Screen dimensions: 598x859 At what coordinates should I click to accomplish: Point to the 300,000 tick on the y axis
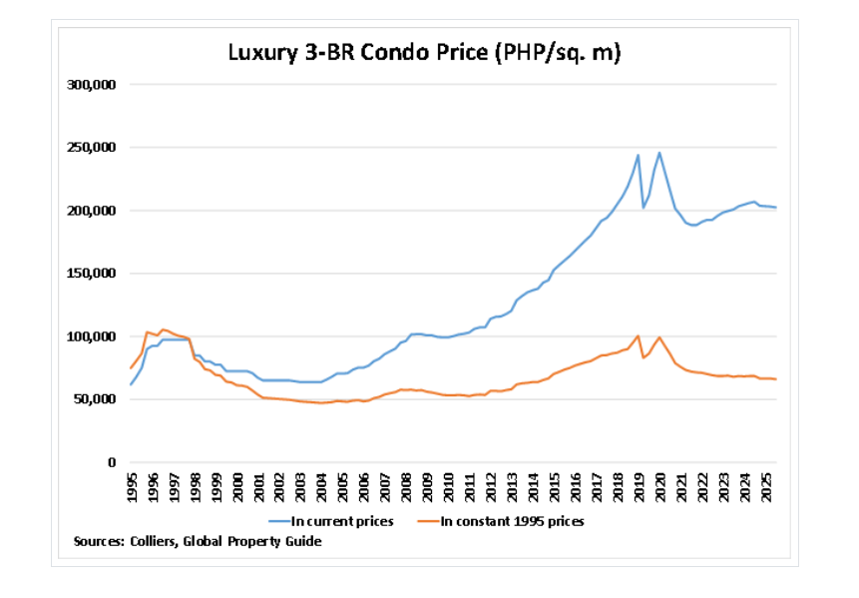click(x=92, y=85)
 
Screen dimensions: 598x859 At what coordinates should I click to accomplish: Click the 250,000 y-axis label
click(x=92, y=148)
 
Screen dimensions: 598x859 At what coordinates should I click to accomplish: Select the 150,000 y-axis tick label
click(x=92, y=274)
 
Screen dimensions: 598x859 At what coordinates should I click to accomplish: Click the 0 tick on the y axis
click(x=113, y=462)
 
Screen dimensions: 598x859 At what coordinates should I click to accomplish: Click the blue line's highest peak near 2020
click(x=659, y=153)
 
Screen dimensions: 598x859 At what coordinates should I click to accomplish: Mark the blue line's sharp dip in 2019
click(x=644, y=207)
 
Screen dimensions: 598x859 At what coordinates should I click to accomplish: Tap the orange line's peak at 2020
click(x=659, y=337)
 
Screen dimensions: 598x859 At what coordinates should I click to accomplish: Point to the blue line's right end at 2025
click(x=776, y=208)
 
